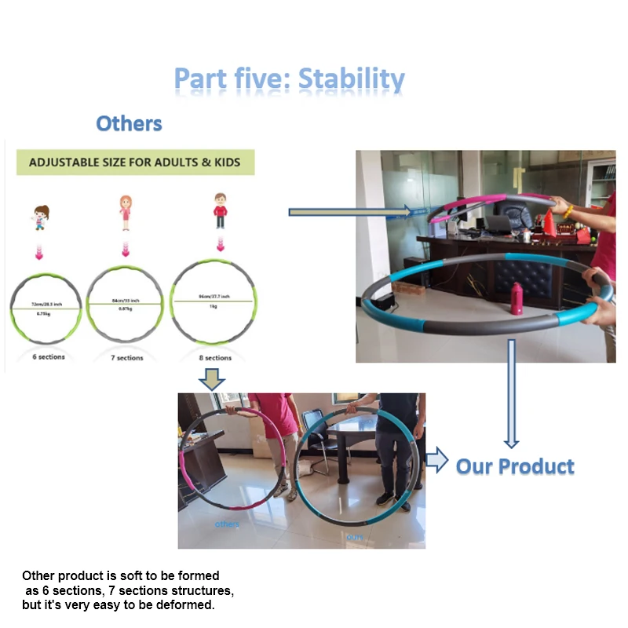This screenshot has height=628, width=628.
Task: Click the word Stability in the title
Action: pos(352,79)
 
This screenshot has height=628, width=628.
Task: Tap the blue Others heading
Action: pos(129,123)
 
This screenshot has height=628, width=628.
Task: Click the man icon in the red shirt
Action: pos(221,210)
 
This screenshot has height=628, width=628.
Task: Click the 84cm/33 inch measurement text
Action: pos(126,299)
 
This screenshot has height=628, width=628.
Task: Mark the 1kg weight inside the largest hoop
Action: pos(213,308)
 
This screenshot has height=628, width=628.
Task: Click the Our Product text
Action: pos(515,466)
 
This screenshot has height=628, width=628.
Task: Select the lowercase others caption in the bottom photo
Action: pos(227,524)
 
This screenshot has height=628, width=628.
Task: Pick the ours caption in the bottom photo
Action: pos(355,536)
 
